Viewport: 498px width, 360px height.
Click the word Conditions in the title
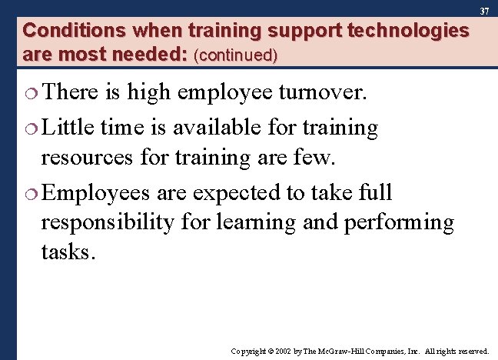click(64, 31)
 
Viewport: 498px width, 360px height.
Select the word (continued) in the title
click(236, 55)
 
